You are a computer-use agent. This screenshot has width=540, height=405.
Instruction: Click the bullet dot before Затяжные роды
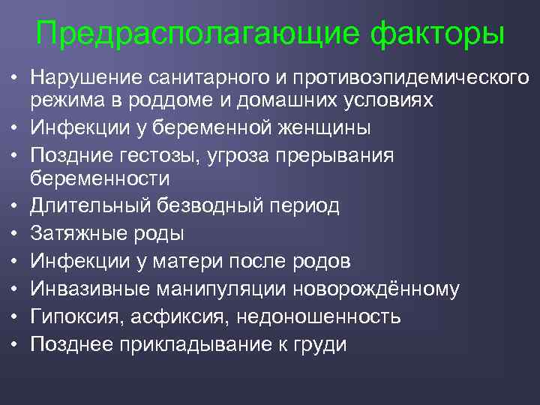(14, 233)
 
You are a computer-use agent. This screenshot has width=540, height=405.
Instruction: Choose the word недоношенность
(318, 316)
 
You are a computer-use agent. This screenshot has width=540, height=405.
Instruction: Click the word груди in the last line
(322, 344)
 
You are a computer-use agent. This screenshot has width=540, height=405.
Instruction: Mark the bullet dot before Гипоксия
(14, 316)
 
